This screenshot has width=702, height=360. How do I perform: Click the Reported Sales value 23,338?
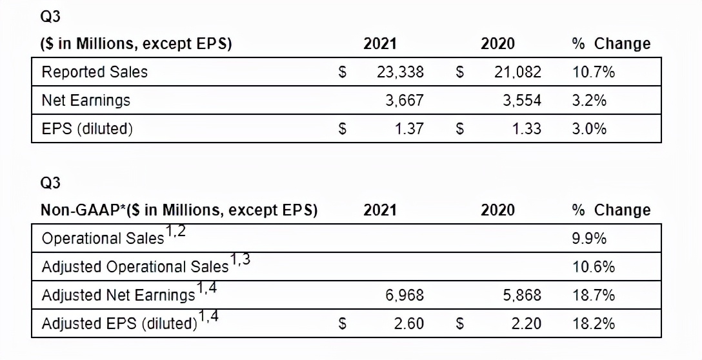400,72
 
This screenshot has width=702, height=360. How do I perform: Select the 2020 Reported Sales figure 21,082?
517,72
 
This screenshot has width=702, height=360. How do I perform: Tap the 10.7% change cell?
594,72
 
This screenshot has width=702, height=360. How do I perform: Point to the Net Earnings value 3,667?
405,101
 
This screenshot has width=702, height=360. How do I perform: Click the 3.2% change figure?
590,101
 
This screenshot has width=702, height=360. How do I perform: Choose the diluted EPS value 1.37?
409,128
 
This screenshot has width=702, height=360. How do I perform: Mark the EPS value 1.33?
526,128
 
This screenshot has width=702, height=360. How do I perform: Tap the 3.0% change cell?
590,128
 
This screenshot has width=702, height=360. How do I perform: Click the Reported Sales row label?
94,72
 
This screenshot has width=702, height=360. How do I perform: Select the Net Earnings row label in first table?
86,101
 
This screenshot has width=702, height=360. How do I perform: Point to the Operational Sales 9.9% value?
590,238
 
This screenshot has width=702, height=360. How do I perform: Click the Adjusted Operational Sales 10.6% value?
594,266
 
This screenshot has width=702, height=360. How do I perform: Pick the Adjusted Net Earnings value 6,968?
405,295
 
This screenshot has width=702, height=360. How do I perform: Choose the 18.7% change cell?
594,295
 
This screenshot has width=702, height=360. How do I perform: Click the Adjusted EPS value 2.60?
409,323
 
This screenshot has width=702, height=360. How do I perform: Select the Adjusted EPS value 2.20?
526,323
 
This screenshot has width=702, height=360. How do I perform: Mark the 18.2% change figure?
594,323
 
